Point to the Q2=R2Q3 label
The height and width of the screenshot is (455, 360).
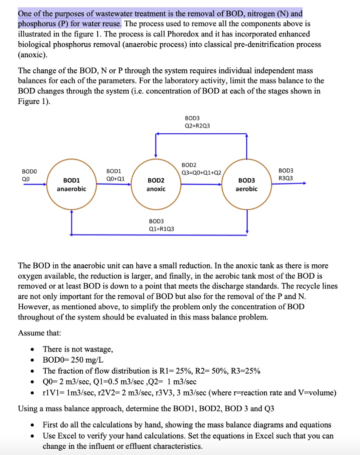click(198, 126)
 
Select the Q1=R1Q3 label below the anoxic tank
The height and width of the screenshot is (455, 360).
click(162, 229)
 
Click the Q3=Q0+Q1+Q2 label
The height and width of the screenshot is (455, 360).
click(201, 173)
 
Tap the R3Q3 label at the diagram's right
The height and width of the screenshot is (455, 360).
click(285, 178)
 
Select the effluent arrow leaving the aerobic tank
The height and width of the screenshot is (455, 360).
click(289, 183)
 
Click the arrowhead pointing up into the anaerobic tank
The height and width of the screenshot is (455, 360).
click(71, 212)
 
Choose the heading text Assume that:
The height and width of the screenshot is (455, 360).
click(40, 333)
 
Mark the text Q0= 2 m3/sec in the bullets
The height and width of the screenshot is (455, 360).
click(67, 382)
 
